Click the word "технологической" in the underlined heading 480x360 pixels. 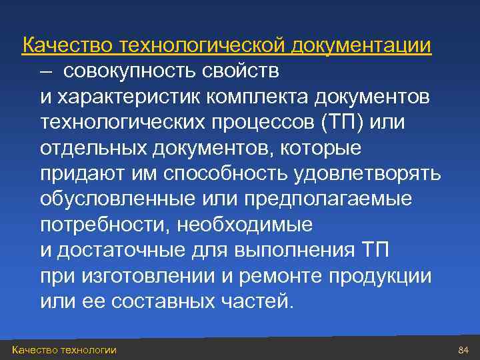203,45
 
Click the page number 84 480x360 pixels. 464,350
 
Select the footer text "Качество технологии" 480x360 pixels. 64,350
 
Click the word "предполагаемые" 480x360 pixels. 327,199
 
